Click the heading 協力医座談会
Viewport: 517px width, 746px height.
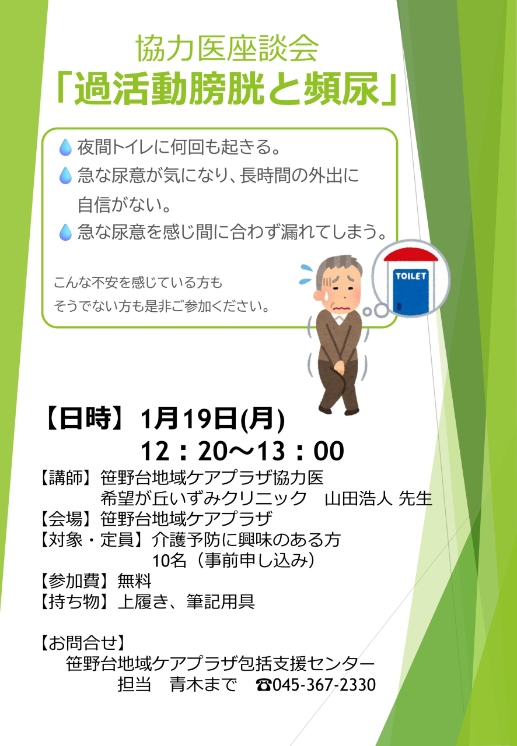(227, 49)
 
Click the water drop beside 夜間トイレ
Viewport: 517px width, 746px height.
(65, 147)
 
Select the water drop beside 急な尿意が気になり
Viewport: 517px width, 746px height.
(65, 175)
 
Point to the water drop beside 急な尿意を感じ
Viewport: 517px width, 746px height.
(65, 232)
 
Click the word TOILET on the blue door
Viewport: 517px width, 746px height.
(411, 276)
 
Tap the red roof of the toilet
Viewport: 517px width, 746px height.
(411, 255)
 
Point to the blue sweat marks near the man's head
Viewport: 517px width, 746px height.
(306, 275)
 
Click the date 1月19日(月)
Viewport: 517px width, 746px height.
(212, 419)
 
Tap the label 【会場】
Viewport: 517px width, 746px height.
(61, 519)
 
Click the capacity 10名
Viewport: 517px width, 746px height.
(169, 560)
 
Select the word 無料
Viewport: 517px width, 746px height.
(134, 581)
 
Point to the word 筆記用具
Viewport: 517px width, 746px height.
(221, 601)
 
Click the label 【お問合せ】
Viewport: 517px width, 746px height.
(83, 642)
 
